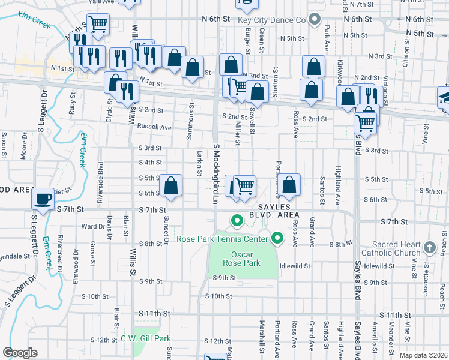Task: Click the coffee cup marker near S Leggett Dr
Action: pos(43,198)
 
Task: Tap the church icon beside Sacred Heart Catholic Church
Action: pos(429,247)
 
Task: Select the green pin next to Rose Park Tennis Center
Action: pos(277,239)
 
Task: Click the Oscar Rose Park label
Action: pos(244,258)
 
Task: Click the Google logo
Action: pos(20,353)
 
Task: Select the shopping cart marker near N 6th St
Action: pos(97,25)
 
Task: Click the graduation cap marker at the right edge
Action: pos(445,98)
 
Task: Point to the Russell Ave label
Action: pos(154,127)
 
